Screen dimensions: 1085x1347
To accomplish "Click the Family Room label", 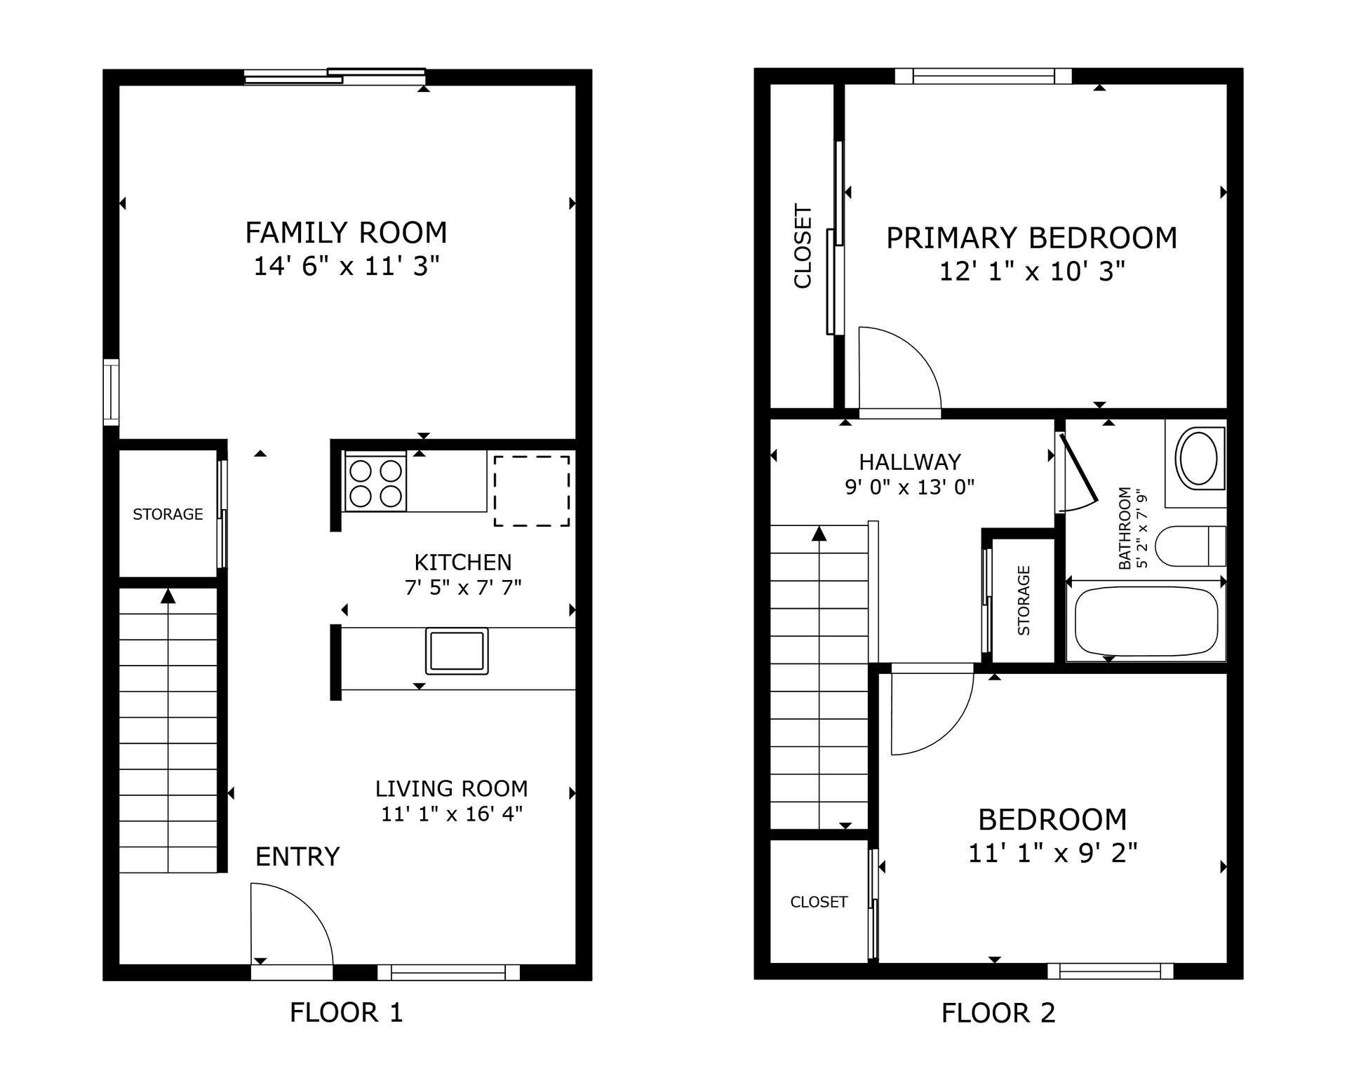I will [346, 233].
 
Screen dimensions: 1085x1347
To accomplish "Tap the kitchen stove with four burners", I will [375, 482].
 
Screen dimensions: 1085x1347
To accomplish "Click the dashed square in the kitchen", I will [531, 490].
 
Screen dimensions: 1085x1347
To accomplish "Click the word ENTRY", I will [297, 857].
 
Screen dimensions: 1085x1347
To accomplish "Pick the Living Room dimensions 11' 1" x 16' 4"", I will [452, 814].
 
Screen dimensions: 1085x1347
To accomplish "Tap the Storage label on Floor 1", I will [168, 514].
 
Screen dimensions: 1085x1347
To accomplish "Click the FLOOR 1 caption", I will [346, 1013].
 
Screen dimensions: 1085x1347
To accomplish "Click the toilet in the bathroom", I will [1190, 546].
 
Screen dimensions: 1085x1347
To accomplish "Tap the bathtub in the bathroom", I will [1146, 621].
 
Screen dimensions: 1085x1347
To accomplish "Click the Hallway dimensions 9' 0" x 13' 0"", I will [910, 487].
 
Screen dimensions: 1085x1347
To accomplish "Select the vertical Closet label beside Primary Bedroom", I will [803, 245].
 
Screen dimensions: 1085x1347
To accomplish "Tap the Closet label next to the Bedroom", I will [819, 902].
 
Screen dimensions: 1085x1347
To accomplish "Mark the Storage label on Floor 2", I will [1024, 600].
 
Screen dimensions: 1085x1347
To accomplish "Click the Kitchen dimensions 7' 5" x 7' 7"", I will [463, 588].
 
